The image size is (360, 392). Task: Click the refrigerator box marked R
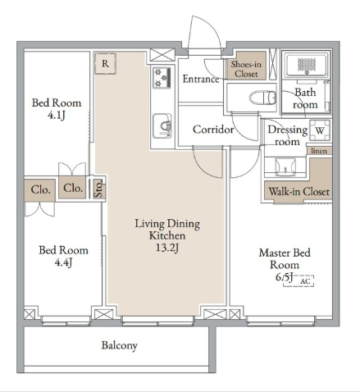click(105, 63)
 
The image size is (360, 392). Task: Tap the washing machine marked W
click(320, 130)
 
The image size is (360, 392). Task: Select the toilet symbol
click(262, 98)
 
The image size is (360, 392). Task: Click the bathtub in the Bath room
click(307, 66)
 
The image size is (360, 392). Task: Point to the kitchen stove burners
click(162, 78)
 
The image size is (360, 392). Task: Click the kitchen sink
click(162, 126)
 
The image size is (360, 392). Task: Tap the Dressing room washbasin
click(285, 167)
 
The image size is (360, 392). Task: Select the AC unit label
click(305, 281)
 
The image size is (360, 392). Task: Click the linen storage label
click(319, 151)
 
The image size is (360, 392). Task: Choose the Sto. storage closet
click(98, 189)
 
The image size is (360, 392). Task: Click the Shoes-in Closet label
click(246, 69)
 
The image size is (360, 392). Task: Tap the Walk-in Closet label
click(299, 192)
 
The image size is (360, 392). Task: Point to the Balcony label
click(119, 345)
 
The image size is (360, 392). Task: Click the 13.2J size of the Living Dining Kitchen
click(167, 248)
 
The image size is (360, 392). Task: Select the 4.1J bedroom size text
click(57, 116)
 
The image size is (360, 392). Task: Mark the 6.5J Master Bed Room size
click(285, 277)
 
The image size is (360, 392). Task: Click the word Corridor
click(213, 130)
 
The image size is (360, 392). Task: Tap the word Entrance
click(201, 79)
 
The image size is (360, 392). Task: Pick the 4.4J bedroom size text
click(63, 262)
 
